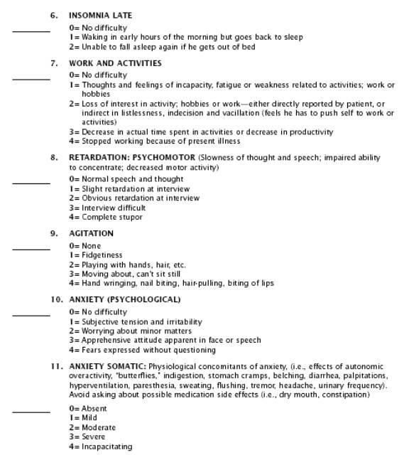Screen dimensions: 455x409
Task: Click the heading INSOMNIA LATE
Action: click(x=100, y=15)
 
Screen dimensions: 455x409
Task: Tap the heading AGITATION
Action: click(x=91, y=233)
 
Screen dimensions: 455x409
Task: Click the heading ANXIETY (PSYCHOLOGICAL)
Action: click(x=124, y=299)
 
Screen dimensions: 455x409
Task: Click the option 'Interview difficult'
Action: click(x=114, y=208)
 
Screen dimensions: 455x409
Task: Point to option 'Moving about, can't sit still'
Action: click(x=131, y=274)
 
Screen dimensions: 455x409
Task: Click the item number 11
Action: click(x=56, y=365)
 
